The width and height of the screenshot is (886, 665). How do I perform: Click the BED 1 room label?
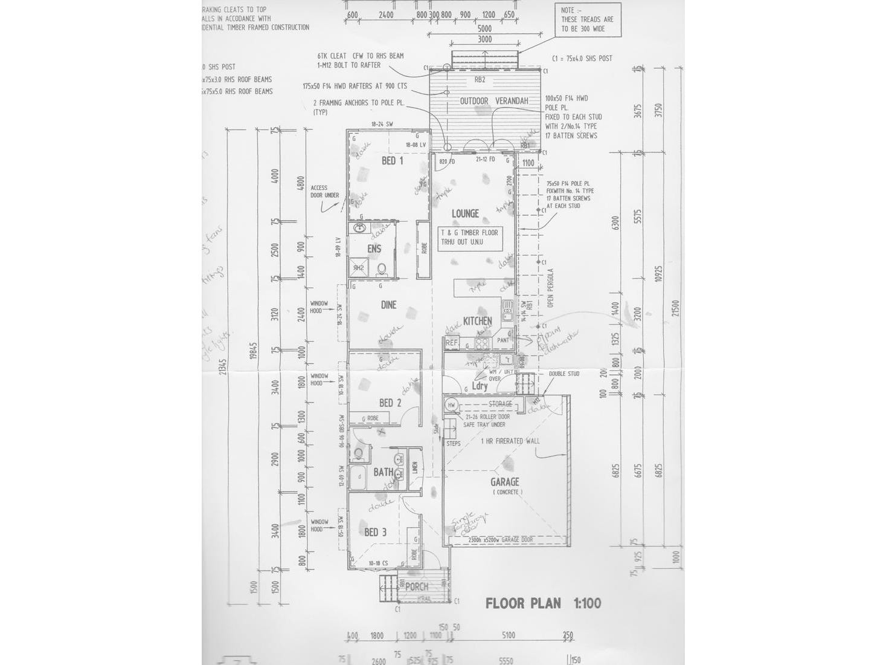click(392, 161)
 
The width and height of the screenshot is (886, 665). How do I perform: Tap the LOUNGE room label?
click(465, 213)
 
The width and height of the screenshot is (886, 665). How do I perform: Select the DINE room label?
click(388, 305)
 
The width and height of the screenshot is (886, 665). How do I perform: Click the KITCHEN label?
click(477, 321)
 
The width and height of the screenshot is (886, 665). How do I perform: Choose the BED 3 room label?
click(375, 533)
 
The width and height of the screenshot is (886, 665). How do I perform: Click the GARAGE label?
click(505, 482)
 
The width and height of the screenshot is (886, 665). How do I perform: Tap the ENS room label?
click(374, 249)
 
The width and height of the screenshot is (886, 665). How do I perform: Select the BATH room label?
click(383, 472)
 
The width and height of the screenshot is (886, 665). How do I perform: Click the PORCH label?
click(417, 587)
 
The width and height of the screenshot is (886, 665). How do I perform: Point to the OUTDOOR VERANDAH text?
click(494, 101)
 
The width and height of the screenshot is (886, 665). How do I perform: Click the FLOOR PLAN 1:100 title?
click(543, 603)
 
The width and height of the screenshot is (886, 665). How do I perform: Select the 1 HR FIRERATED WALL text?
click(510, 441)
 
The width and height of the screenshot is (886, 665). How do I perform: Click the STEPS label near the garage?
click(453, 444)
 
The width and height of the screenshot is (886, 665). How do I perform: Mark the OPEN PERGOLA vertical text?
click(550, 288)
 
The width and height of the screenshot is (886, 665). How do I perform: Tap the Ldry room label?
click(480, 386)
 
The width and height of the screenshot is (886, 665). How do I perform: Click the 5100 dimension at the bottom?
click(509, 635)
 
